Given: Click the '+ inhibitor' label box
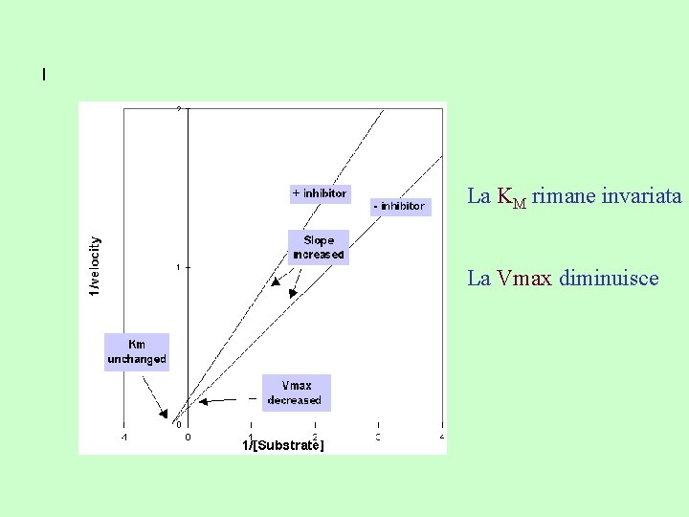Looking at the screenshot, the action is [x=320, y=193].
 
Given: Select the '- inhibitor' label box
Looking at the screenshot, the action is [x=398, y=206].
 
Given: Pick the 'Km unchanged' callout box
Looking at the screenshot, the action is [x=137, y=351].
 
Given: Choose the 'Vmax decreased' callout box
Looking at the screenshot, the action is [x=297, y=393].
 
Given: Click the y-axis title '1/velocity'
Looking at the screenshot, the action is [x=94, y=267].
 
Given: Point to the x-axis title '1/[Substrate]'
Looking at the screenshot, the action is [x=282, y=445].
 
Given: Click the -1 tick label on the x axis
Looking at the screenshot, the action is [x=123, y=438].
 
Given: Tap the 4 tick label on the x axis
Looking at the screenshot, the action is [x=441, y=438].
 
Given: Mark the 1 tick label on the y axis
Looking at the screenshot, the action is [x=178, y=267].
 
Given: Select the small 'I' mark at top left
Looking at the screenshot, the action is [x=44, y=74].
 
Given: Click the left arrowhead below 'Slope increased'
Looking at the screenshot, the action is [x=276, y=281].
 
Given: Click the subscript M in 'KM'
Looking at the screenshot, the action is [x=521, y=202].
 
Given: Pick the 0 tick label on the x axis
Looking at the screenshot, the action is [x=188, y=438].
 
